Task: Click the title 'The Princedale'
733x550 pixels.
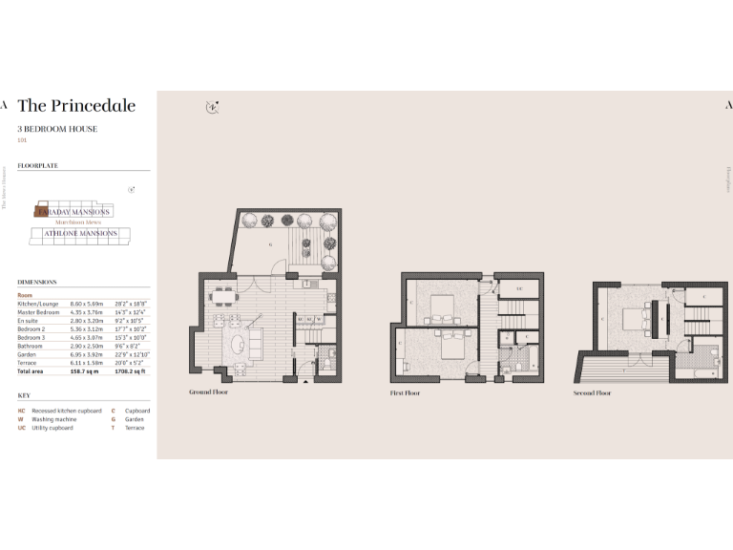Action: coord(76,106)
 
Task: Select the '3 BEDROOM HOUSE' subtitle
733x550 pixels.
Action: coord(57,128)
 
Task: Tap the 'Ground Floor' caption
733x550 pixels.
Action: coord(208,391)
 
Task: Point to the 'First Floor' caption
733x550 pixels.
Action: coord(405,392)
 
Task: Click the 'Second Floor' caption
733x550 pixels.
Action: coord(592,392)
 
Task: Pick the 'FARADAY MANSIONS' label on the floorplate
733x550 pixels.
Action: coord(80,211)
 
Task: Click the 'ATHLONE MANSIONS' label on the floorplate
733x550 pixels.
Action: coord(80,233)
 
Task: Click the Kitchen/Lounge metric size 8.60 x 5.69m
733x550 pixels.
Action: coord(86,303)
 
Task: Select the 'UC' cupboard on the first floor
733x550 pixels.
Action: coord(518,288)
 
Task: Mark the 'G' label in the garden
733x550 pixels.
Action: coord(270,244)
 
